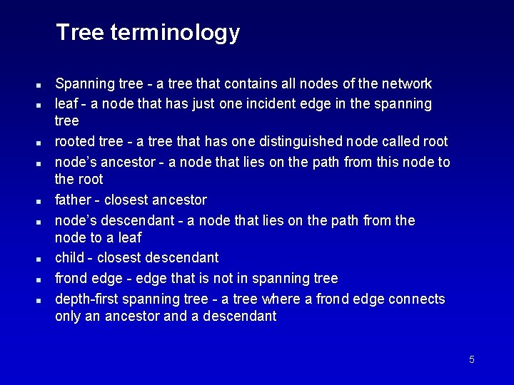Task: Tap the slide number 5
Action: (x=471, y=359)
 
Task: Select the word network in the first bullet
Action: (x=408, y=84)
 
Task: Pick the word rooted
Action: (x=76, y=142)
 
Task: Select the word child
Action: (x=70, y=257)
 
